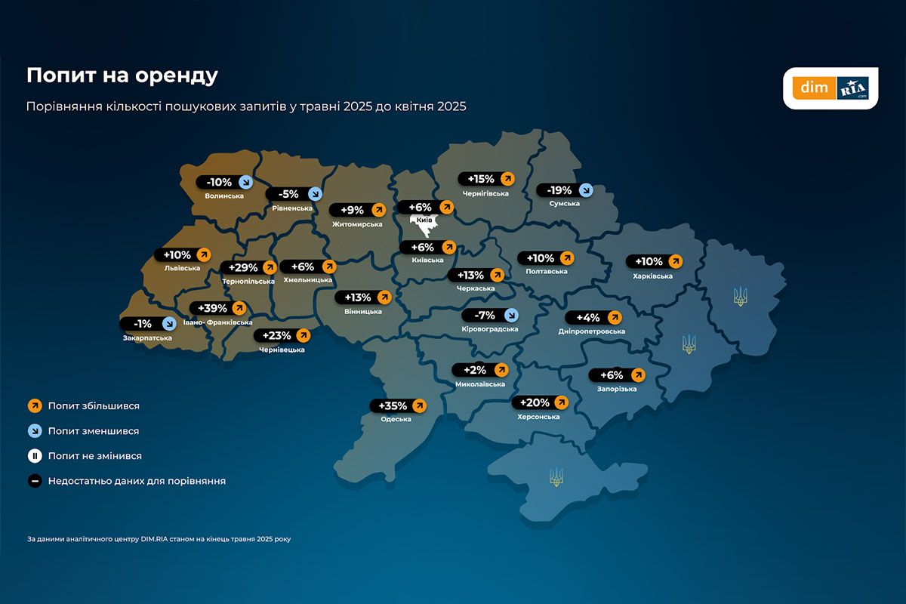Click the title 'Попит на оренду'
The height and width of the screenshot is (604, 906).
coord(122,75)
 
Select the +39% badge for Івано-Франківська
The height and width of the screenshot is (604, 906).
coord(219,308)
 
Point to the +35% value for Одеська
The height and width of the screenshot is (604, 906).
coord(393,405)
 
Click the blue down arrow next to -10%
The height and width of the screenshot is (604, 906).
coord(245,182)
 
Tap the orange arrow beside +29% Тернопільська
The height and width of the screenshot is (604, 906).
coord(270,267)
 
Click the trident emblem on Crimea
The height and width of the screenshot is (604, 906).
coord(556,476)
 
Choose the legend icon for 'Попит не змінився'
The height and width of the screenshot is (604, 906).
coord(35,456)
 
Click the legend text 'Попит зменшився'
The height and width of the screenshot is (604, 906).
coord(94,431)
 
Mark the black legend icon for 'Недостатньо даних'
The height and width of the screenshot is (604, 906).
coord(35,481)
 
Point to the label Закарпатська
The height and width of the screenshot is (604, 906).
coord(147,338)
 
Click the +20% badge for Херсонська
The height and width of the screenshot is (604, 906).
coord(540,402)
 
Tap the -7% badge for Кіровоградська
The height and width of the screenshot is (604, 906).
coord(490,315)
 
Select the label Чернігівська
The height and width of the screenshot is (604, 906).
coord(483,193)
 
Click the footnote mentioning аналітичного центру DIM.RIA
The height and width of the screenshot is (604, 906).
coord(159,539)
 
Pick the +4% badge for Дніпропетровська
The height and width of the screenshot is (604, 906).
coord(593,317)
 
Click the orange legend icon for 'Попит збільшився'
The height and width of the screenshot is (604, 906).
coord(35,406)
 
